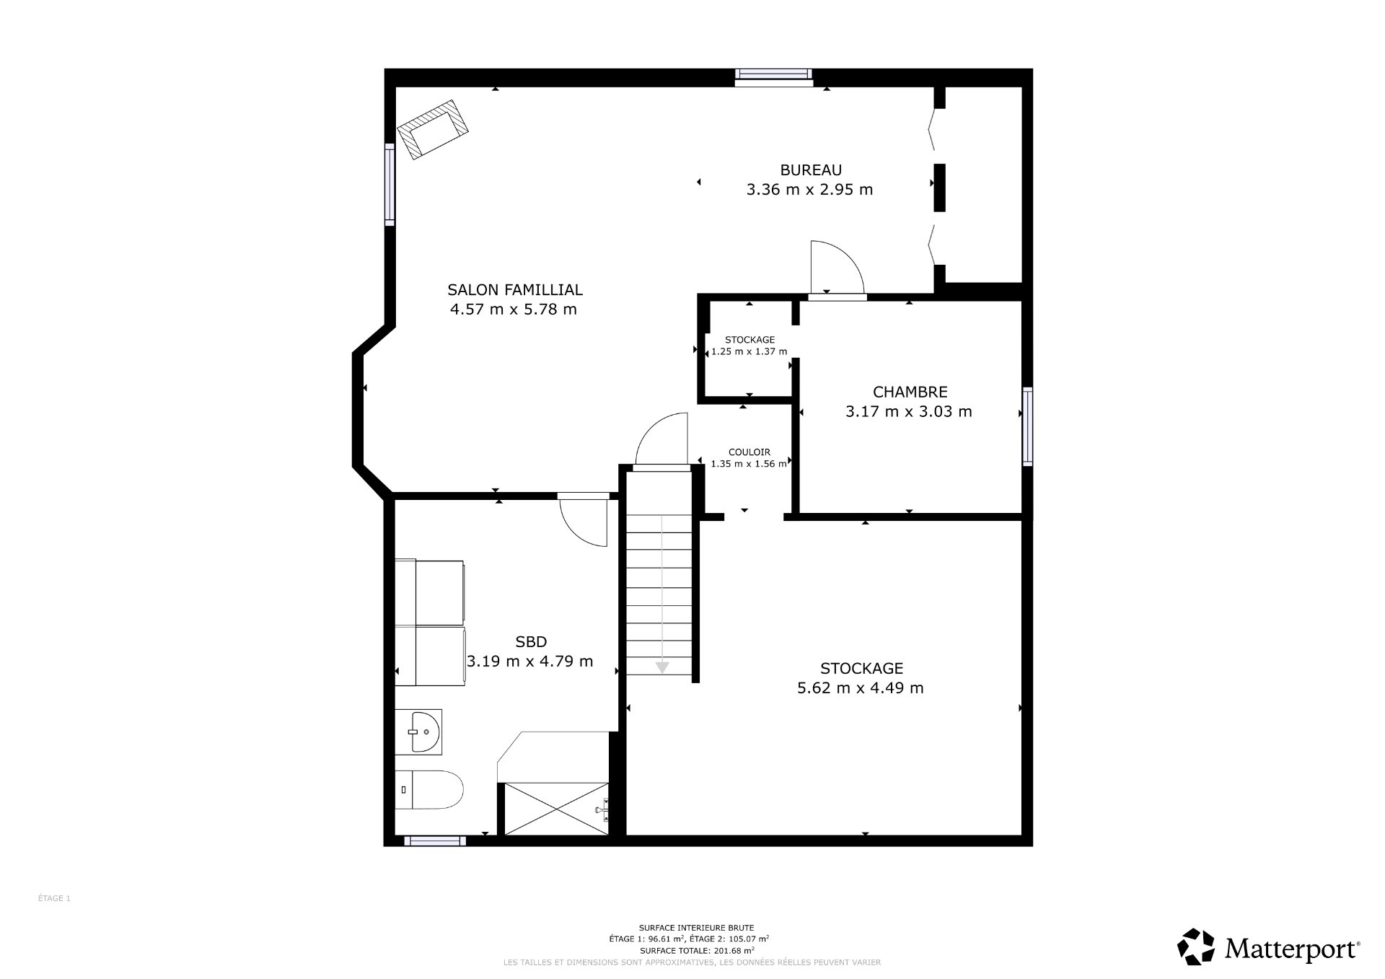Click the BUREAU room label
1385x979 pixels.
click(x=810, y=170)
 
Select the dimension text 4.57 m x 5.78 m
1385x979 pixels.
click(x=513, y=309)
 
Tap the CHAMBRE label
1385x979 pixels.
click(x=910, y=392)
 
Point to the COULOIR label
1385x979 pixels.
click(x=749, y=452)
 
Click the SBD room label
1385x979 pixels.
click(x=531, y=641)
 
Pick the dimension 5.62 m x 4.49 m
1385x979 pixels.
click(x=860, y=688)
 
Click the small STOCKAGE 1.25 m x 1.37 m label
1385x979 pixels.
click(x=749, y=346)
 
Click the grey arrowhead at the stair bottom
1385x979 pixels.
click(x=662, y=667)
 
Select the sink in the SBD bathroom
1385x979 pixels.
click(x=419, y=731)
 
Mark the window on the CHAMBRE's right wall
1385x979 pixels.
click(x=1027, y=426)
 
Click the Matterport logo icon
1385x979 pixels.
click(x=1195, y=947)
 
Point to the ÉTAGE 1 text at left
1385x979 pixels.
click(x=54, y=898)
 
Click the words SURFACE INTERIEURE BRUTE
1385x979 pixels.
click(x=696, y=928)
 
